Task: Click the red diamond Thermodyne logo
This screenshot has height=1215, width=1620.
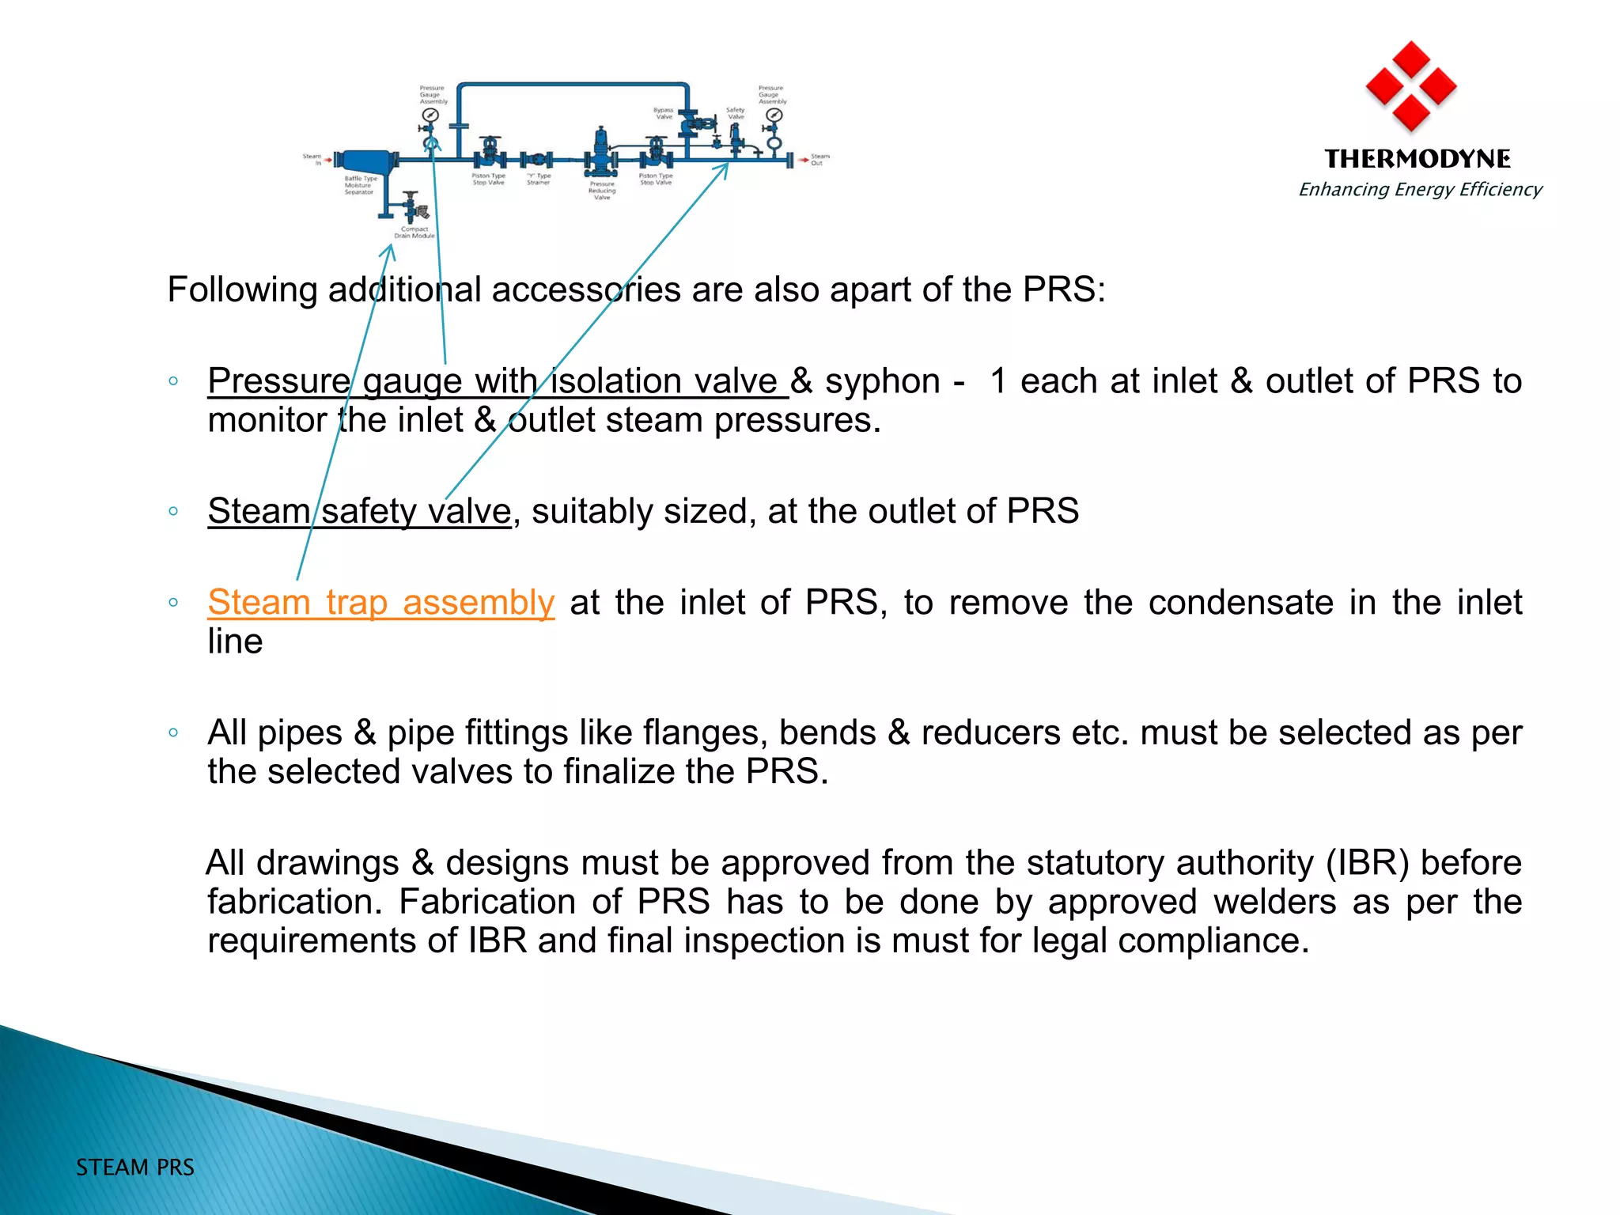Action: [1411, 87]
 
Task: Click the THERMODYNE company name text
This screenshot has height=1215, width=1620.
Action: [1417, 159]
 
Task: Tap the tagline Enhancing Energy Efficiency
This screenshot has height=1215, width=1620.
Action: [1421, 190]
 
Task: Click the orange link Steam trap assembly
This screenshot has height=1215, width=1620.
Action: [380, 603]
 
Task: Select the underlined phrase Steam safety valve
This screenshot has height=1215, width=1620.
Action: [359, 512]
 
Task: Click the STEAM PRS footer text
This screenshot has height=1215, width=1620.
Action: [135, 1168]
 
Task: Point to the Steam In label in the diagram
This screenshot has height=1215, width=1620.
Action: [312, 160]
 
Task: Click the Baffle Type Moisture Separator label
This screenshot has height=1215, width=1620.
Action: [360, 186]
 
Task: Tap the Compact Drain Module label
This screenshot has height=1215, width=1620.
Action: [414, 233]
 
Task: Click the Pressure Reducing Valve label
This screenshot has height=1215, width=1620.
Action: [602, 191]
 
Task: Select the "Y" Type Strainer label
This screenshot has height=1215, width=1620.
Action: [539, 180]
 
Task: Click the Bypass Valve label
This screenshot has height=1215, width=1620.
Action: [664, 113]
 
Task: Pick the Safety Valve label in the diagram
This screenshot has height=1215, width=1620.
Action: [736, 113]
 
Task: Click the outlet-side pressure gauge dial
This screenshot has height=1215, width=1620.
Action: [774, 115]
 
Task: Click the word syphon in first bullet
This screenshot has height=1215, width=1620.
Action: [883, 382]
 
